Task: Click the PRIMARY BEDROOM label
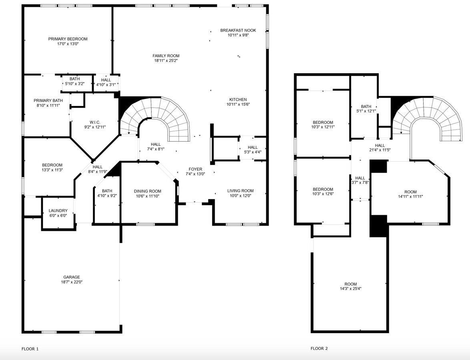coord(68,39)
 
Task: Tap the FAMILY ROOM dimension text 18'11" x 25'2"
coord(166,60)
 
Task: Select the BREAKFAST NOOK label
coord(238,30)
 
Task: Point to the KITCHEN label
coord(238,100)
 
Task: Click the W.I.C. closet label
coord(95,122)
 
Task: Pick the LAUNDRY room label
coord(58,210)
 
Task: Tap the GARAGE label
coord(72,277)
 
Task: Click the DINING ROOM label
coord(147,191)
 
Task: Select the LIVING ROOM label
coord(240,191)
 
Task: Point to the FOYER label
coord(195,169)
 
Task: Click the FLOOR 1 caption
coord(30,349)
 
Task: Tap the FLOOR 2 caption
coord(319,348)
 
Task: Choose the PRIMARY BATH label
coord(48,101)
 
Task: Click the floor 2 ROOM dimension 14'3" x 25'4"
coord(351,289)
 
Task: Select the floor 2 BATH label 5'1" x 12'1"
coord(366,106)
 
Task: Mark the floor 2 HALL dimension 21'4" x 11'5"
coord(380,150)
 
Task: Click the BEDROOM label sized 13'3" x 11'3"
coord(52,165)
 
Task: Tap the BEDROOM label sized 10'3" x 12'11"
coord(323,122)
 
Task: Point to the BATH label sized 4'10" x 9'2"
coord(107,191)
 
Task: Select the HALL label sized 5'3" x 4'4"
coord(253,147)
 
